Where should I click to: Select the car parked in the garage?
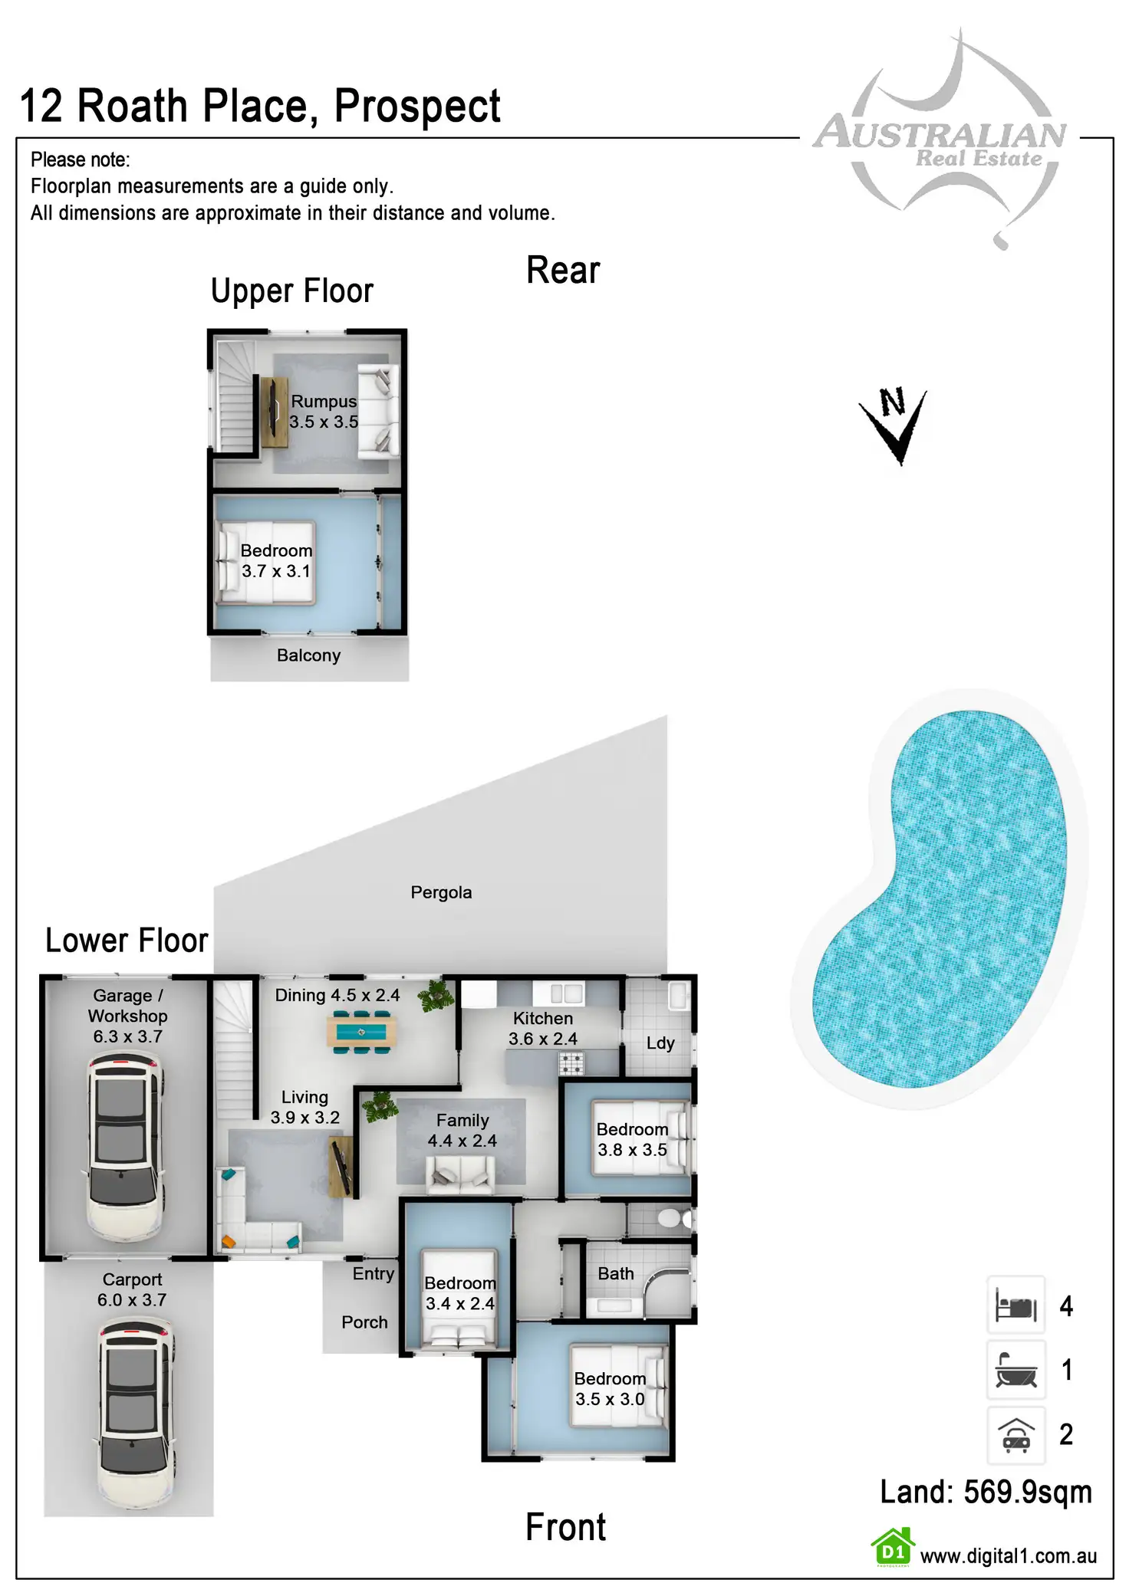point(124,1147)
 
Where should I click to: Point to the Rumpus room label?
point(324,412)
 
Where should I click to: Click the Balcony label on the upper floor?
point(308,655)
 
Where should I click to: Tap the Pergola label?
point(441,892)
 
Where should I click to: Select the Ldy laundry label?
point(660,1043)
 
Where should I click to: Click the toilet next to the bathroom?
point(674,1218)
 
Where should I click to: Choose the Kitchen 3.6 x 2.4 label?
point(543,1029)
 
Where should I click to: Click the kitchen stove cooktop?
point(571,1062)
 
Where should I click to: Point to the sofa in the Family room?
point(461,1174)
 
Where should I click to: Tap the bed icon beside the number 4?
point(1015,1305)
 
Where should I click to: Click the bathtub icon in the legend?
point(1015,1370)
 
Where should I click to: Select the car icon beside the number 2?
point(1015,1434)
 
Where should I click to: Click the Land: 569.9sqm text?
point(986,1492)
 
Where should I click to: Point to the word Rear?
point(563,271)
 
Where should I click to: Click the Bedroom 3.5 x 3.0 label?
point(611,1388)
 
